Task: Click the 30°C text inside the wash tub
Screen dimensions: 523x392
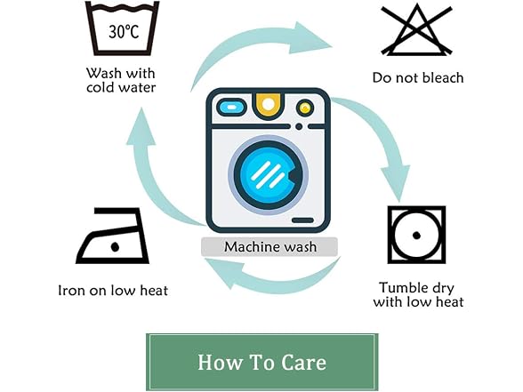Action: point(124,32)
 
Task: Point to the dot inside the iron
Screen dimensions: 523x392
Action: point(115,247)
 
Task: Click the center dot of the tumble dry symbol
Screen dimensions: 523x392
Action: point(416,236)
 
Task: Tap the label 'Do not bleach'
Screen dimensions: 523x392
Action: point(418,77)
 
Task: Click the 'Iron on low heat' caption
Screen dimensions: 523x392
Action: point(113,291)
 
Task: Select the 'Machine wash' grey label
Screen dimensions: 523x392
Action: point(270,247)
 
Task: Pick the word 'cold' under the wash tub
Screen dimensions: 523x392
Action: point(100,88)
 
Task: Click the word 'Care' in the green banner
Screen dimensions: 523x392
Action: point(303,363)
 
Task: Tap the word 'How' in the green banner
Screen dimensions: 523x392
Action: point(220,363)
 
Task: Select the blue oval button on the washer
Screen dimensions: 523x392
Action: point(232,108)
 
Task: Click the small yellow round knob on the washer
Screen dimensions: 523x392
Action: point(304,108)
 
